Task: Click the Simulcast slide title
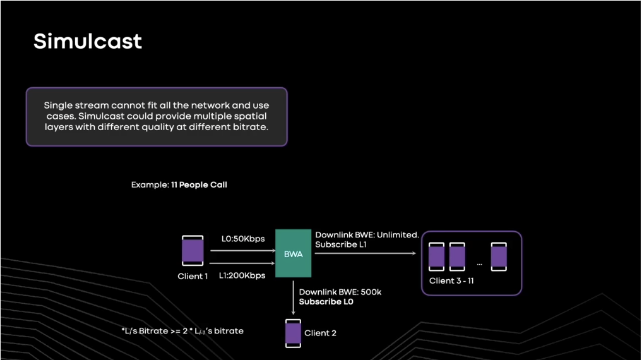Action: coord(88,42)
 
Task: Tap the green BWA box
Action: coord(293,253)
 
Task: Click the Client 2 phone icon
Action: coord(293,333)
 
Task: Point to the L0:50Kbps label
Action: coord(243,239)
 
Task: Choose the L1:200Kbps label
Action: coord(243,275)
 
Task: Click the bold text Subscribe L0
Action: coord(326,302)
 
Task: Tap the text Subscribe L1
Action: coord(341,244)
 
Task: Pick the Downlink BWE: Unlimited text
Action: coord(367,234)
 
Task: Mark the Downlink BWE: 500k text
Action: coord(340,292)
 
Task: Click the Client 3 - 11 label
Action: coord(451,280)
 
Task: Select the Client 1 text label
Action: coord(193,276)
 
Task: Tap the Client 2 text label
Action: coord(321,333)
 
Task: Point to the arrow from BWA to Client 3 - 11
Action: coord(365,254)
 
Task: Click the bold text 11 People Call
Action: coord(199,185)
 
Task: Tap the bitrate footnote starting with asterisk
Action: coord(182,331)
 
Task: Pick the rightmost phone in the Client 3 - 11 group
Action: coord(499,256)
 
